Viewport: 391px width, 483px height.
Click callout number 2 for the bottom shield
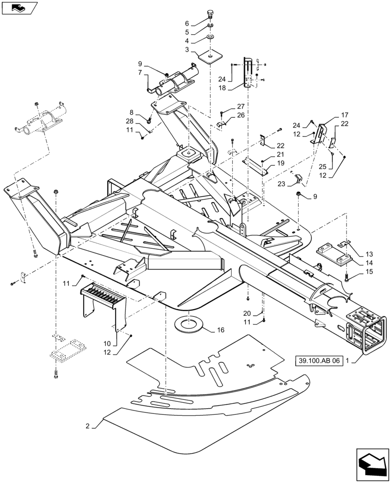point(88,426)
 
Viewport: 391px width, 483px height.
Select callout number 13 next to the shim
point(369,254)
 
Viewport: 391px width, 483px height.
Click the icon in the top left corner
point(19,8)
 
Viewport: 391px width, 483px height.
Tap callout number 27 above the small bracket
point(241,106)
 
